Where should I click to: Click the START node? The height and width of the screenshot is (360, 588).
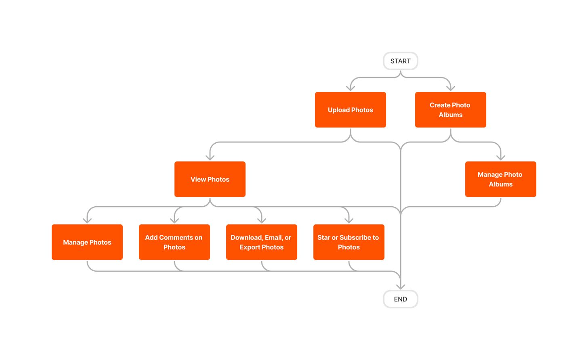click(x=400, y=61)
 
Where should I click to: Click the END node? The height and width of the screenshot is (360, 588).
click(x=400, y=299)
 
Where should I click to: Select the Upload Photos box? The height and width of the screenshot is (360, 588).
click(x=350, y=110)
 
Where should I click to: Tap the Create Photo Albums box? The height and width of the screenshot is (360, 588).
click(x=450, y=110)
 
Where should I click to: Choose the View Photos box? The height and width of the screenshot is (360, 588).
click(x=210, y=179)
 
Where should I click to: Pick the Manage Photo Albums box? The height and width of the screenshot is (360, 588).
click(x=500, y=179)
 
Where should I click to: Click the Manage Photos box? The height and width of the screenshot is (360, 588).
click(x=87, y=242)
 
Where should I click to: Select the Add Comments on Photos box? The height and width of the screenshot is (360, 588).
click(x=174, y=242)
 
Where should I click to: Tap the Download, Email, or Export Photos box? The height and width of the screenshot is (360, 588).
click(x=261, y=242)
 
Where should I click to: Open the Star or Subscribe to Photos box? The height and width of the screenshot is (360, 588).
click(x=349, y=242)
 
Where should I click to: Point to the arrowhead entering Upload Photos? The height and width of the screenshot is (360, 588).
click(x=351, y=88)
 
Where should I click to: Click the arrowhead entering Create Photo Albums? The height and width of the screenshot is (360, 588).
click(x=451, y=88)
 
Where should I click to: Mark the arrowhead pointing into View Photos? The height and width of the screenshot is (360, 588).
click(x=210, y=157)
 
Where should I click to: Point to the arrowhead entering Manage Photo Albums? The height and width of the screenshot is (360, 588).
click(x=501, y=157)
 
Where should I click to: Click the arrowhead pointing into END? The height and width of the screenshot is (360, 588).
click(x=401, y=287)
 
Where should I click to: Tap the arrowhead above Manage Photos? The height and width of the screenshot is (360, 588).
click(x=87, y=220)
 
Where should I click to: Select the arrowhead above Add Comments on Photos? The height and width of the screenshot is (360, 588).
click(x=174, y=220)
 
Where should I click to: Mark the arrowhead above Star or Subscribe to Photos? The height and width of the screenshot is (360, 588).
click(x=349, y=220)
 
